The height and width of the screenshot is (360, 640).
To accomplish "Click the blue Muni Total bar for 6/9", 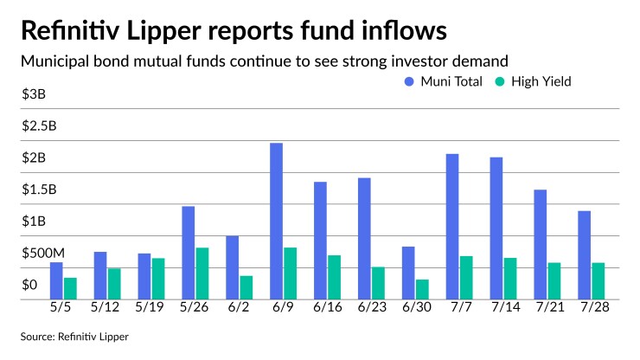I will (x=276, y=221).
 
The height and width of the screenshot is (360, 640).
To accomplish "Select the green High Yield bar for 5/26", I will (x=202, y=273).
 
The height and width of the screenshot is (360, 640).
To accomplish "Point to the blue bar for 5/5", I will (x=56, y=280).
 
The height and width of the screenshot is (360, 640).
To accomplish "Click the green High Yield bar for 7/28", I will (x=598, y=280).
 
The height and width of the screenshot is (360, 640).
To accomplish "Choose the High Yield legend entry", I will (x=533, y=81).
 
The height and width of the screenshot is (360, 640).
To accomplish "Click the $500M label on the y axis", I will (x=44, y=254).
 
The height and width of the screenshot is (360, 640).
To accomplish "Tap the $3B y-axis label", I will (x=34, y=94).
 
